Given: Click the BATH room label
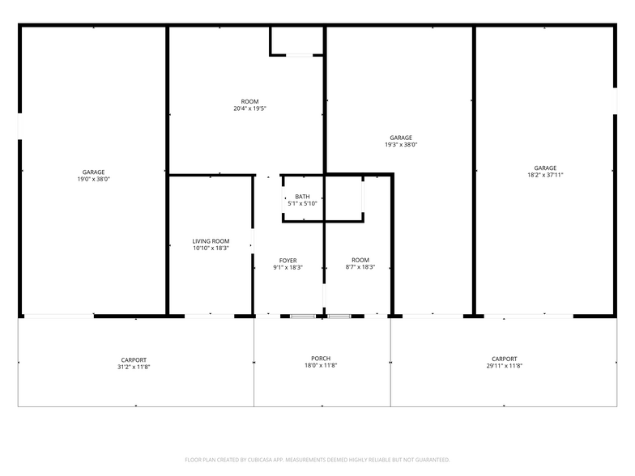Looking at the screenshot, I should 302,197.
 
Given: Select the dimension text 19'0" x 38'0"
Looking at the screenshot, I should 93,179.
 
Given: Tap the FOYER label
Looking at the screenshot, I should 288,261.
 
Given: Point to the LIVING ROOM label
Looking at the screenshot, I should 211,241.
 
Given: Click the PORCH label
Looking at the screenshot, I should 321,359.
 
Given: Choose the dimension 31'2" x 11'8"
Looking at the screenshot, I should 134,367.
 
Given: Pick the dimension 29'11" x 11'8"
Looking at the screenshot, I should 505,367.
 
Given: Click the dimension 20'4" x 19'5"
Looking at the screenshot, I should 249,108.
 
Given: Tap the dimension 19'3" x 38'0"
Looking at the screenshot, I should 401,145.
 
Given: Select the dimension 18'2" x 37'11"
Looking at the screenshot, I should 545,175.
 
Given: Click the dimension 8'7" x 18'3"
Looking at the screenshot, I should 360,267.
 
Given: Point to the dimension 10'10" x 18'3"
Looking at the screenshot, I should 211,249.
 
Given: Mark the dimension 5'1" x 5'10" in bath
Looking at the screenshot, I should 302,204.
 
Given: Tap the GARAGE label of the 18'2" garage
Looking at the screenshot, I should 545,168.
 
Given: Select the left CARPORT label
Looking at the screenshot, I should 134,359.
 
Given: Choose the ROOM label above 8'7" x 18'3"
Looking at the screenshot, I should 360,260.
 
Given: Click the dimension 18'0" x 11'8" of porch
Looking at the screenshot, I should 321,366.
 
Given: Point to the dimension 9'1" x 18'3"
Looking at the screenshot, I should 288,268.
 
